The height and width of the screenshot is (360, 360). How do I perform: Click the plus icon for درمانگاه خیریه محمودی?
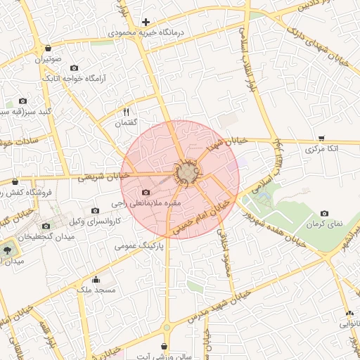[146, 22]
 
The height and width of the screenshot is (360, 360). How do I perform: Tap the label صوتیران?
[49, 60]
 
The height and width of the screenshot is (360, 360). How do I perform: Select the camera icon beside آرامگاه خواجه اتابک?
[75, 68]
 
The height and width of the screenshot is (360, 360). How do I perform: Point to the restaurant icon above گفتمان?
[127, 112]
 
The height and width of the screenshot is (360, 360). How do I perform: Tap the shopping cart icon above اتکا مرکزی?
[321, 139]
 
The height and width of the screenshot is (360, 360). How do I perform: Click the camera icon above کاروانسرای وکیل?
[96, 210]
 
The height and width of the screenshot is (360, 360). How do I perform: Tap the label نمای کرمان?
[325, 224]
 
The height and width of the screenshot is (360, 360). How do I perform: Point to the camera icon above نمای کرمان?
[324, 213]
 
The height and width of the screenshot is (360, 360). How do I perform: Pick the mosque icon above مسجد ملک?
[96, 280]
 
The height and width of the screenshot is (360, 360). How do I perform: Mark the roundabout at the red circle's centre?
[186, 172]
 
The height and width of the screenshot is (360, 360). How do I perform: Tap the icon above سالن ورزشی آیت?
[165, 346]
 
